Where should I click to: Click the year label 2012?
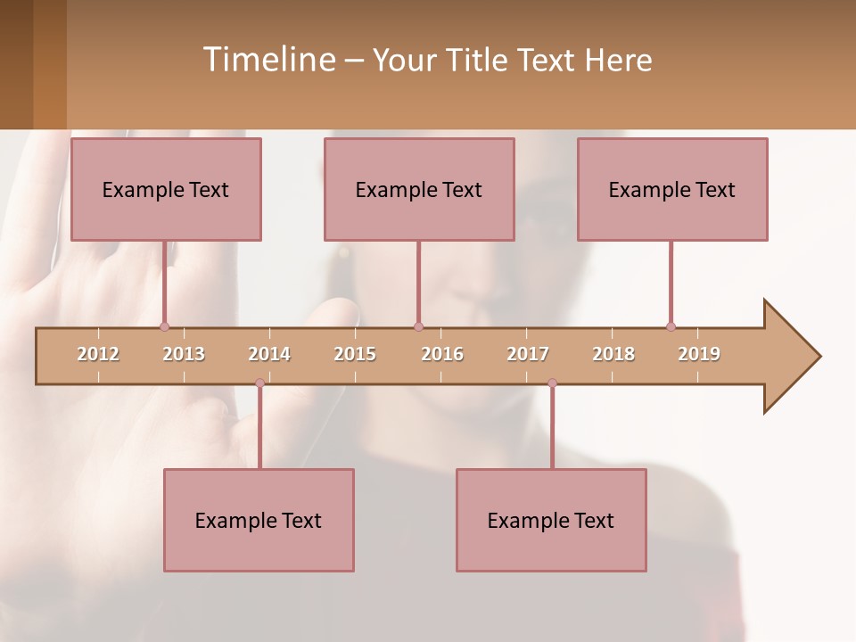pos(98,354)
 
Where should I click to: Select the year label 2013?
pos(184,354)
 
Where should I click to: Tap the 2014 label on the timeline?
pos(269,354)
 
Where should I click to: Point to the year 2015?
pos(355,354)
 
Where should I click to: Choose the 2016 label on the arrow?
pos(442,354)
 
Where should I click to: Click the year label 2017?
pos(528,354)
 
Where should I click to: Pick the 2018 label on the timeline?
pos(613,354)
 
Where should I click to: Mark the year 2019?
pos(699,354)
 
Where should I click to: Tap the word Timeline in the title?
pos(267,60)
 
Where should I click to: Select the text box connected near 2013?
pos(166,189)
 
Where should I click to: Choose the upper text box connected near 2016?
pos(419,189)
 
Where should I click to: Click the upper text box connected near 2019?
pos(672,189)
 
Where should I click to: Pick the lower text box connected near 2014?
pos(259,520)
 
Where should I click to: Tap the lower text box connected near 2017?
pos(551,520)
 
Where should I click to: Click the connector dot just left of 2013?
pos(164,326)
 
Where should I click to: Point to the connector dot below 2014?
pos(259,383)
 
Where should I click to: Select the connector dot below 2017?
pos(552,383)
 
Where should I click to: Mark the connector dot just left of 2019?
pos(671,326)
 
